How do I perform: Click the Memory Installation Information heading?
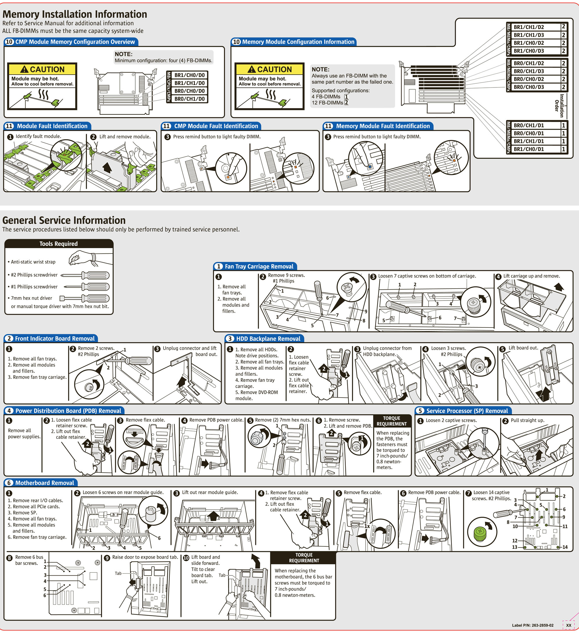click(75, 14)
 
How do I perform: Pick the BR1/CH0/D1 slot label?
click(528, 149)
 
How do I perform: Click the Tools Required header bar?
click(59, 244)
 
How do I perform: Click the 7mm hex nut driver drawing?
click(85, 298)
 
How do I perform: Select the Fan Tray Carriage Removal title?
click(259, 266)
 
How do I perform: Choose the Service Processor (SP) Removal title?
click(467, 411)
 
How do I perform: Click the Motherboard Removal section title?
click(44, 483)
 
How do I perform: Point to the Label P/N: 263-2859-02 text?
click(532, 625)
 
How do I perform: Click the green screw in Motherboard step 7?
click(480, 532)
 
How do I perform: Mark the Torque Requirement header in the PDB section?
click(391, 421)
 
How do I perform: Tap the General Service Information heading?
click(64, 220)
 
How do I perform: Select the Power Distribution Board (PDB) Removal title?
click(68, 411)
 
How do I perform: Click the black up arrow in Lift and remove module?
click(108, 167)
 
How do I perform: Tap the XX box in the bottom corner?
click(569, 625)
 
